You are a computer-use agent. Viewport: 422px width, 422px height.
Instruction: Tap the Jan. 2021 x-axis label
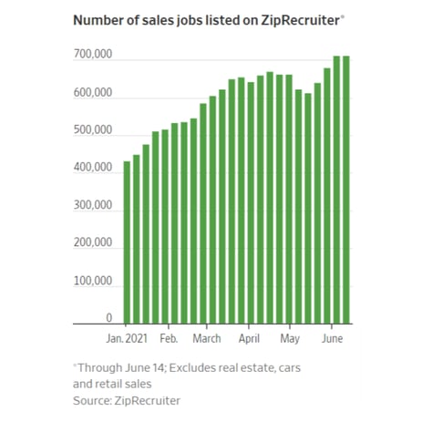point(128,337)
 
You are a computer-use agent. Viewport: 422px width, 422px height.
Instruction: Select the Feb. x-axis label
point(169,337)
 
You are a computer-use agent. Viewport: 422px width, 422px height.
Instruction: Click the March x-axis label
point(208,337)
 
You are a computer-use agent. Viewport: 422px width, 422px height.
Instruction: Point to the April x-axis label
point(249,337)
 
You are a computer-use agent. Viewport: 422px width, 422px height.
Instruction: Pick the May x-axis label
point(290,337)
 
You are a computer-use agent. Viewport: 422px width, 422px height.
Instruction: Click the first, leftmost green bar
point(128,242)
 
